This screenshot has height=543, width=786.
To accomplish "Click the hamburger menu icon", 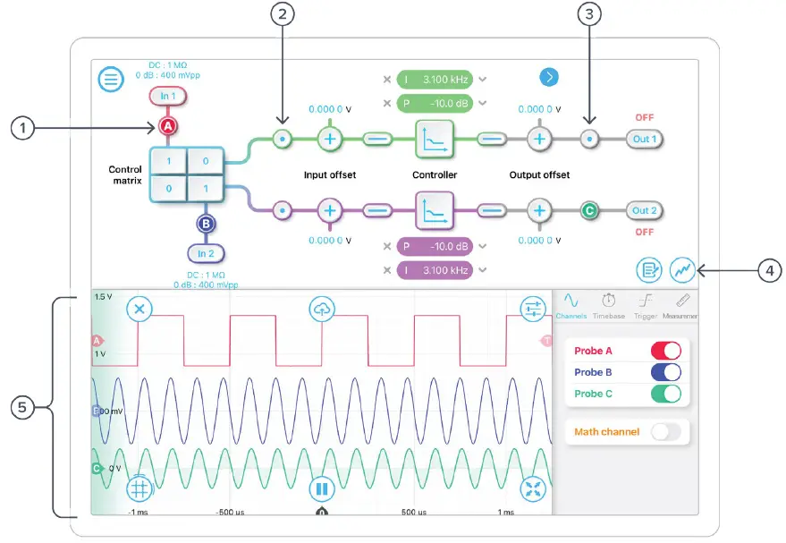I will pos(110,80).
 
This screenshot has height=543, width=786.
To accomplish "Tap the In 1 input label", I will pos(168,96).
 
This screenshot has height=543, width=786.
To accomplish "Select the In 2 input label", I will pos(206,253).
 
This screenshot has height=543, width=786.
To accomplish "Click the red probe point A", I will pos(168,127).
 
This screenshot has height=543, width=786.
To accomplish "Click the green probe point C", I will pos(589,211).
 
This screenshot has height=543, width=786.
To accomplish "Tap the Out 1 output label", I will pos(645,139).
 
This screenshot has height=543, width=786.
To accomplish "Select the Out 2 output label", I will pos(645,211).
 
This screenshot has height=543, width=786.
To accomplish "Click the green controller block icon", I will pos(434,139).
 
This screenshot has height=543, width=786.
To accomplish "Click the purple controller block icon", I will pos(434,211).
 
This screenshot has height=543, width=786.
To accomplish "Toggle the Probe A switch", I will pos(665,351).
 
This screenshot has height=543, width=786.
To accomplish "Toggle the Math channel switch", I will pos(665,432).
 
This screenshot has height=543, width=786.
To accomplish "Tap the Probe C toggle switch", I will pos(665,394).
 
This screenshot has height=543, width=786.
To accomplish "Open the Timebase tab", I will pos(609,306).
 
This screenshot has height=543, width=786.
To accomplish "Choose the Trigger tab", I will pos(646,306).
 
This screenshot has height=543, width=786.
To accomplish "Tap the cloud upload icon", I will pos(321,309).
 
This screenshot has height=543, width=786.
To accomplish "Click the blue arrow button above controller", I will pos(549,78).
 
